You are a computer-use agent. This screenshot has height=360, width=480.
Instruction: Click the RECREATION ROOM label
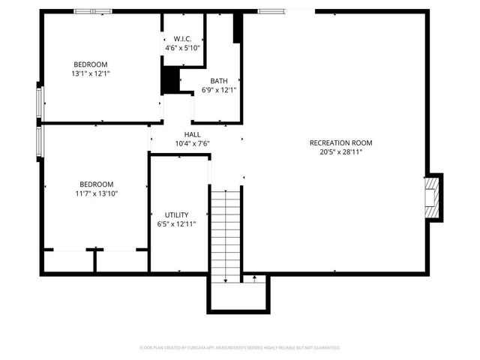coord(341,142)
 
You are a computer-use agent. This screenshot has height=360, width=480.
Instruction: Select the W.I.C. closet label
coord(183,38)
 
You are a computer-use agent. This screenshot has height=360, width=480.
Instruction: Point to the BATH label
coord(219,81)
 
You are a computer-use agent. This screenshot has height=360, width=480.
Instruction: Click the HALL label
coord(193,134)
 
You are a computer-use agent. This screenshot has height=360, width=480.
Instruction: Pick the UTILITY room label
coord(177,214)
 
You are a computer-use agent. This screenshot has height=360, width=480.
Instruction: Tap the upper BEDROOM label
coord(90,64)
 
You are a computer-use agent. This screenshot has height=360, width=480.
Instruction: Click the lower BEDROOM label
coord(97,184)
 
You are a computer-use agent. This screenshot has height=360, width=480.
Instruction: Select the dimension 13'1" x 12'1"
coord(90,73)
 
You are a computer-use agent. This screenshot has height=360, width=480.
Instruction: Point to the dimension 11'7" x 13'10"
coord(97,193)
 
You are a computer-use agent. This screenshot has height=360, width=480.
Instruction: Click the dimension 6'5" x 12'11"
coord(177,223)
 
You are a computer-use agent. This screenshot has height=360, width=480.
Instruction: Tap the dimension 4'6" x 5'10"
coord(183,47)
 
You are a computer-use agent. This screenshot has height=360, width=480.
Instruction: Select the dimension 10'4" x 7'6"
coord(193,143)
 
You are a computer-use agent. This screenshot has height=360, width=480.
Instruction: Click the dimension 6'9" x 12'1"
coord(219,90)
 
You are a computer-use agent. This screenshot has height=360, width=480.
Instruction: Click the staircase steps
coord(225,236)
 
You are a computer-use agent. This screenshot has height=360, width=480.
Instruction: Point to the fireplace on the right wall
coord(433,198)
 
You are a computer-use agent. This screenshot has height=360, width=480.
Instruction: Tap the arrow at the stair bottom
coord(256,279)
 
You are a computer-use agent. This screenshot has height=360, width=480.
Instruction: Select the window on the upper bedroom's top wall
coord(93,11)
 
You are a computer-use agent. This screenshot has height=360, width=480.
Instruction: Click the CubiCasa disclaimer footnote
coord(240,348)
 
